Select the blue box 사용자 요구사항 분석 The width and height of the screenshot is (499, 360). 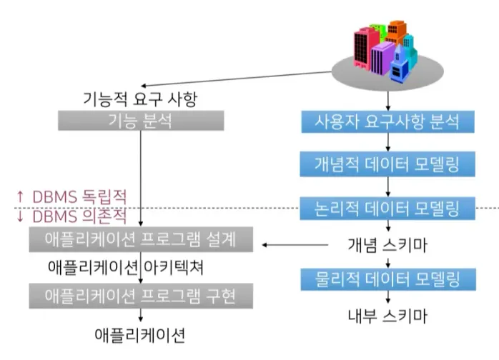(387, 121)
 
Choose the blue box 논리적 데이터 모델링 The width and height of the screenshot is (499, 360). (387, 208)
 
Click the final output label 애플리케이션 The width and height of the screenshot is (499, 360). (140, 334)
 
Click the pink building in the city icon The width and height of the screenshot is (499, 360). (364, 51)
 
